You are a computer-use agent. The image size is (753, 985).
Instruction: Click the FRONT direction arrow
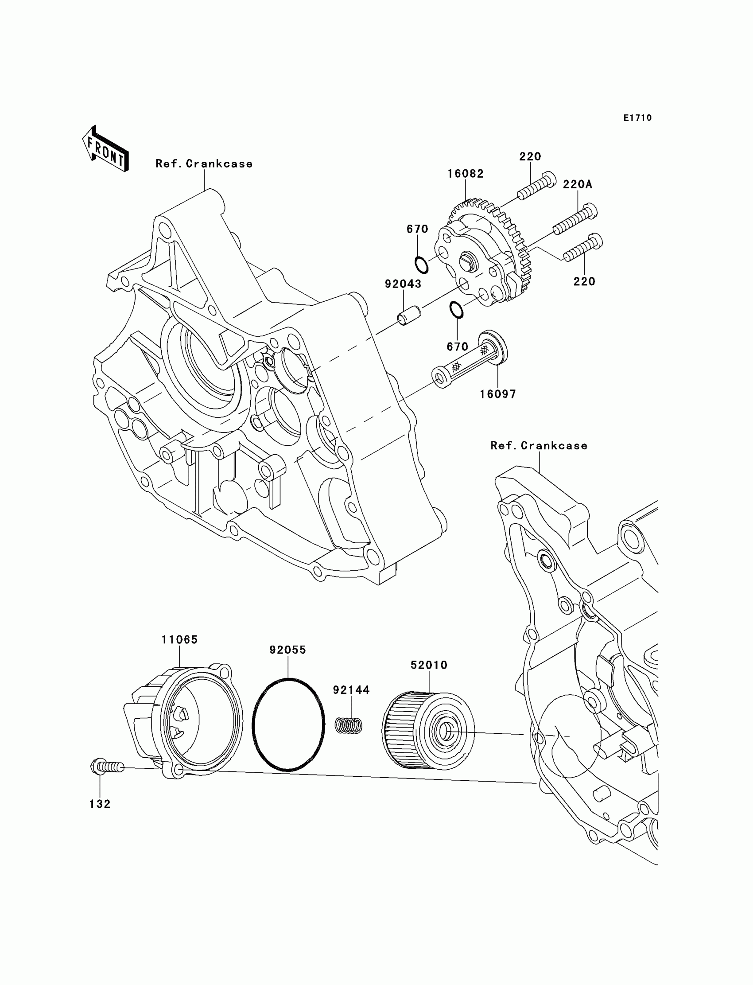pos(106,149)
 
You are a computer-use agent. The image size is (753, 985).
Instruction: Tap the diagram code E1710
pos(637,118)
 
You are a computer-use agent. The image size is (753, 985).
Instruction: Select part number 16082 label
pos(466,174)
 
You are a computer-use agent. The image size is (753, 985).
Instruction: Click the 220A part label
pos(578,184)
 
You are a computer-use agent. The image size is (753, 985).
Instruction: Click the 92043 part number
pos(403,284)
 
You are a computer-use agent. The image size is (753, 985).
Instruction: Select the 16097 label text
pos(498,394)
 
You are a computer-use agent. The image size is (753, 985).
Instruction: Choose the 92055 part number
pos(288,650)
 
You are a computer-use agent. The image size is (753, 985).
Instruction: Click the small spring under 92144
pos(349,725)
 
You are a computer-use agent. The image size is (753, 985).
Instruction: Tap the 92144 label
pos(351,690)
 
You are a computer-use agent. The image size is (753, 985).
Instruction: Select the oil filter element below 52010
pos(428,731)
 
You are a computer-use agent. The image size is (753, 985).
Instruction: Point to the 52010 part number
pos(429,665)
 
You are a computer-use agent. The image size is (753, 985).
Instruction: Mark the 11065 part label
pos(180,639)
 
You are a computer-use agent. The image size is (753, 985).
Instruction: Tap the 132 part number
pos(100,804)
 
